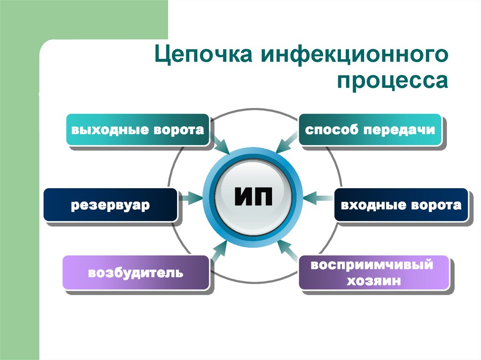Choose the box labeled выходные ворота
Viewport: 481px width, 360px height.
pyautogui.click(x=138, y=130)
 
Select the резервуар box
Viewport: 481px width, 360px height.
pyautogui.click(x=110, y=205)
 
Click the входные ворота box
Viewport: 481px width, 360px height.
pyautogui.click(x=401, y=205)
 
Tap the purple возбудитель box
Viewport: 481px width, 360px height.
pyautogui.click(x=135, y=272)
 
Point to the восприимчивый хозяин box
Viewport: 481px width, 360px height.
pyautogui.click(x=373, y=272)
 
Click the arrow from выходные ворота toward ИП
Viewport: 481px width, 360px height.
pyautogui.click(x=220, y=143)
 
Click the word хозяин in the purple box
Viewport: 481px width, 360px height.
pyautogui.click(x=373, y=281)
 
